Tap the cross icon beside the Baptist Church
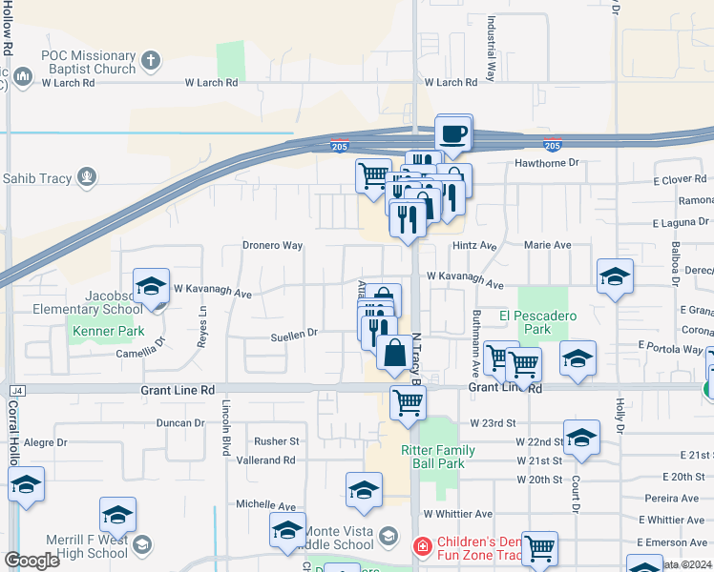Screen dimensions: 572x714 (149, 62)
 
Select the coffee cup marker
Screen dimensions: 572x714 (453, 133)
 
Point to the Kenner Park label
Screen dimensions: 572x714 (98, 333)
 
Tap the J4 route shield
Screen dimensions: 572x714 (16, 390)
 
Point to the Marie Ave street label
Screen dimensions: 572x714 (548, 245)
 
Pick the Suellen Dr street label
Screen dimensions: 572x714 (293, 334)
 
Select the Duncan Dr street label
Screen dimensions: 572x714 (180, 422)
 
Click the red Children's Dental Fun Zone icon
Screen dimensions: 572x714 (421, 546)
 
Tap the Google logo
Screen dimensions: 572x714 (32, 561)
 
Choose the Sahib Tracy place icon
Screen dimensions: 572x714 (87, 176)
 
